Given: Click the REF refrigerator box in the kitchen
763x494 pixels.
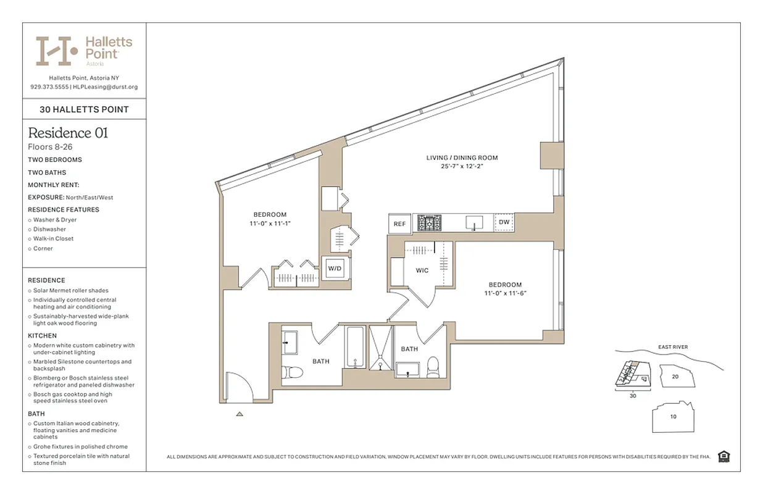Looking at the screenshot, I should (399, 224).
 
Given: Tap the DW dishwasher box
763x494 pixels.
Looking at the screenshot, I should (504, 222).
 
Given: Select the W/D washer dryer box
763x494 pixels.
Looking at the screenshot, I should (335, 269).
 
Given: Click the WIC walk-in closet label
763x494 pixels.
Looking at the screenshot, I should (422, 270).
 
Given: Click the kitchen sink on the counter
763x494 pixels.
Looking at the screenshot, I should (474, 222).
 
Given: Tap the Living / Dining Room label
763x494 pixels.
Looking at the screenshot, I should (462, 158).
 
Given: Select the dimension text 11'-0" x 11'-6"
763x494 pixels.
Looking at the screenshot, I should (505, 294).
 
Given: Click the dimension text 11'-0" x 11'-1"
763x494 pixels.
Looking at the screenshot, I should (270, 224).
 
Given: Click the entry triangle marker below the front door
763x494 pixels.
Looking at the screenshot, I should (240, 414).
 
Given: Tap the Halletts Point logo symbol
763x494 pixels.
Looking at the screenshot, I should (56, 51).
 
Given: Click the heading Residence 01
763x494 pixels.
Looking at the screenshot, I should (68, 133).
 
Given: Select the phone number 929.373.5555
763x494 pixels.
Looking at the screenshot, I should (49, 87).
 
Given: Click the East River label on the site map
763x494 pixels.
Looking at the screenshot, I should (673, 347).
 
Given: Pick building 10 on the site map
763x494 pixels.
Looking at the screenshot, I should (673, 417).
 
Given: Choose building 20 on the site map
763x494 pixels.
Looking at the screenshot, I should (675, 376).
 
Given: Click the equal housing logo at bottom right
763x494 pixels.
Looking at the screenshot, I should (725, 456).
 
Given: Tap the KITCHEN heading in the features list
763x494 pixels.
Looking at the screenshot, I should (42, 336).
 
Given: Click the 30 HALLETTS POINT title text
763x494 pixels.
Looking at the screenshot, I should (84, 110).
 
